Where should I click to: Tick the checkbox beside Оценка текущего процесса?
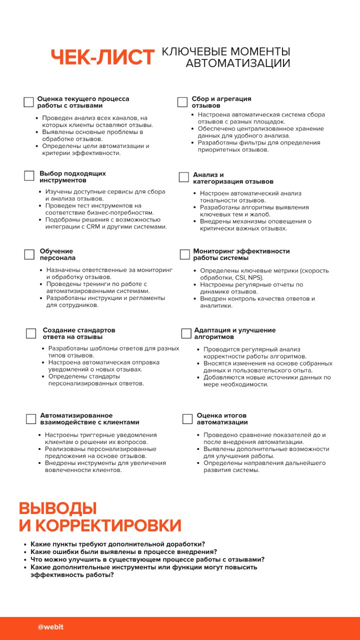pyautogui.click(x=29, y=102)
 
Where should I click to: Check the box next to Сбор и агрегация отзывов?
pyautogui.click(x=182, y=102)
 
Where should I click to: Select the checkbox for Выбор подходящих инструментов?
pyautogui.click(x=29, y=176)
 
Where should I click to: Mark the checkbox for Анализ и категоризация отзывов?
pyautogui.click(x=183, y=177)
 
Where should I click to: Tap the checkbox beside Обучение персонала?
pyautogui.click(x=29, y=254)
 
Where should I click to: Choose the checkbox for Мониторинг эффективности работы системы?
pyautogui.click(x=184, y=254)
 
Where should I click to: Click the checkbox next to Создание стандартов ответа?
pyautogui.click(x=31, y=333)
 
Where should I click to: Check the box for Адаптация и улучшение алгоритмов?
pyautogui.click(x=186, y=333)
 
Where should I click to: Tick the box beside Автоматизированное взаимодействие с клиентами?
pyautogui.click(x=31, y=418)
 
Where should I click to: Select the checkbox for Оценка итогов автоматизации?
pyautogui.click(x=187, y=418)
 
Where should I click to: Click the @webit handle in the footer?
pyautogui.click(x=50, y=627)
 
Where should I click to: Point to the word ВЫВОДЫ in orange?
pyautogui.click(x=57, y=508)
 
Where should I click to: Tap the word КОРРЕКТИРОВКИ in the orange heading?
pyautogui.click(x=107, y=525)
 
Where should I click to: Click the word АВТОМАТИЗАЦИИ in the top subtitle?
pyautogui.click(x=238, y=63)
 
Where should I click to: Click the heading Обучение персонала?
pyautogui.click(x=57, y=254)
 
